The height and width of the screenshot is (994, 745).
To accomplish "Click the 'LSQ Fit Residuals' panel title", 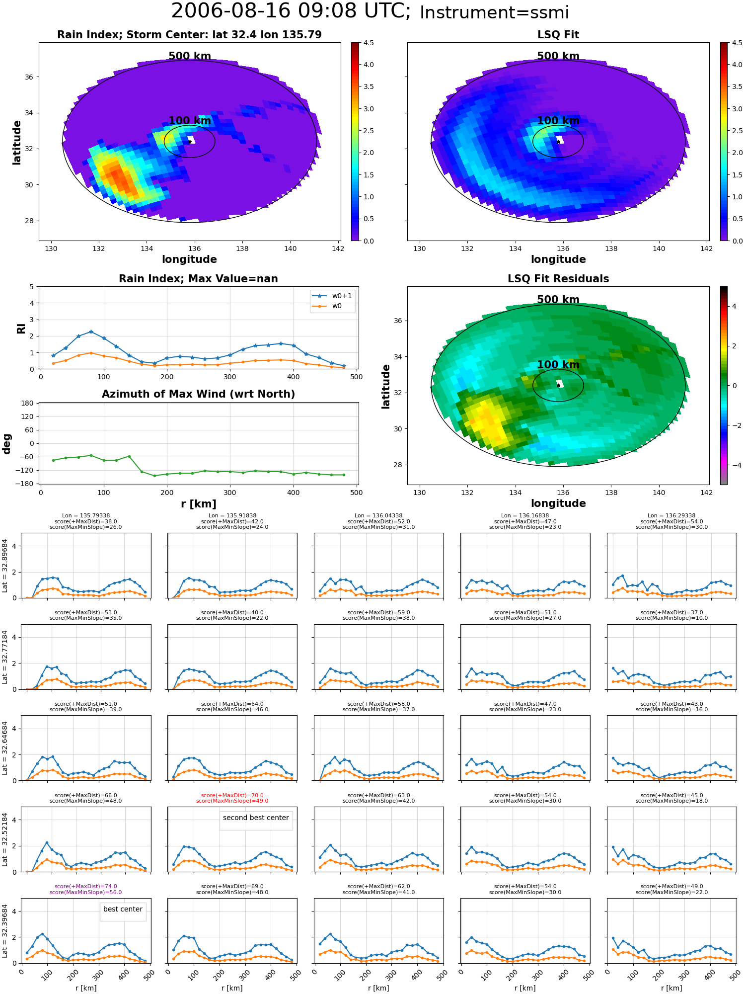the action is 558,279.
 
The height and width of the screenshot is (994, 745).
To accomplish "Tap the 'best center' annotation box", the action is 123,909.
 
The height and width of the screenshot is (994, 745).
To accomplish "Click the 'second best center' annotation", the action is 256,818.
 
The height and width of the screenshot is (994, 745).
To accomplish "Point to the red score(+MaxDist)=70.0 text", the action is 232,795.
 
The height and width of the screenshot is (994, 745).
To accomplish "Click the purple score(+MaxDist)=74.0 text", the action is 85,886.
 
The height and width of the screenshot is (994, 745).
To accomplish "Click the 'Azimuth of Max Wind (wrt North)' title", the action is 198,394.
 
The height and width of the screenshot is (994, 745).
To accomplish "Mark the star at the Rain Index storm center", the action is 190,142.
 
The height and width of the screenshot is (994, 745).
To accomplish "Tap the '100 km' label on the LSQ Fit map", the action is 558,121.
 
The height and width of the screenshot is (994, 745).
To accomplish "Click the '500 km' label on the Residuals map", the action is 558,300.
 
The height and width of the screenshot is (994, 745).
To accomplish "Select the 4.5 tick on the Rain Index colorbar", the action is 369,43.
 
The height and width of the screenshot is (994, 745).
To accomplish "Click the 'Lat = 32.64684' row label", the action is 5,748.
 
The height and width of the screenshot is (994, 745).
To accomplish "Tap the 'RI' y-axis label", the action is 21,328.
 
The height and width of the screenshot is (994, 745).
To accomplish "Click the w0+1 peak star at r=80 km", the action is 91,331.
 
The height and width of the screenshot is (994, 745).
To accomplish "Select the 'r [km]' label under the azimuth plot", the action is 198,504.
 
